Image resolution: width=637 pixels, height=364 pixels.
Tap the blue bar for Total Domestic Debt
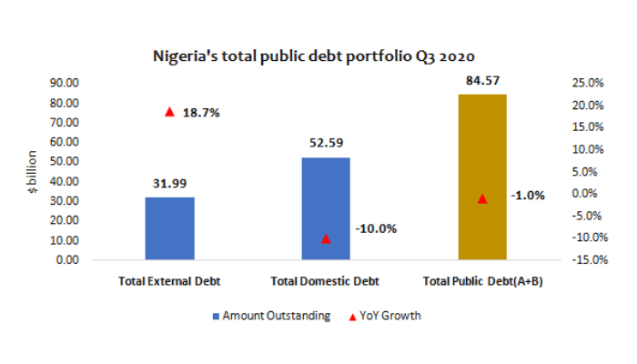coord(326,208)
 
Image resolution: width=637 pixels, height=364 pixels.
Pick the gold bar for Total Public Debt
coord(481,177)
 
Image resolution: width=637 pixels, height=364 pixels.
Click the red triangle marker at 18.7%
coord(169,112)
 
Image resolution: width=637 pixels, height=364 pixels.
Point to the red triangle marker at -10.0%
coord(326,238)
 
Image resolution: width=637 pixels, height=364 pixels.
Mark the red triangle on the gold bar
coord(482,198)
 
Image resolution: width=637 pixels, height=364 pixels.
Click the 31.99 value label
coord(169,183)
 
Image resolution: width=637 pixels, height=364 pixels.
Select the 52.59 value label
coord(326,142)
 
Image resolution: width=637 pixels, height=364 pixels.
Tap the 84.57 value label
coord(481,79)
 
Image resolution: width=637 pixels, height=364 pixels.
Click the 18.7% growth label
coord(201,113)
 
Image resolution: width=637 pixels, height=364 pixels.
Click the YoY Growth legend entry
coord(388,316)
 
